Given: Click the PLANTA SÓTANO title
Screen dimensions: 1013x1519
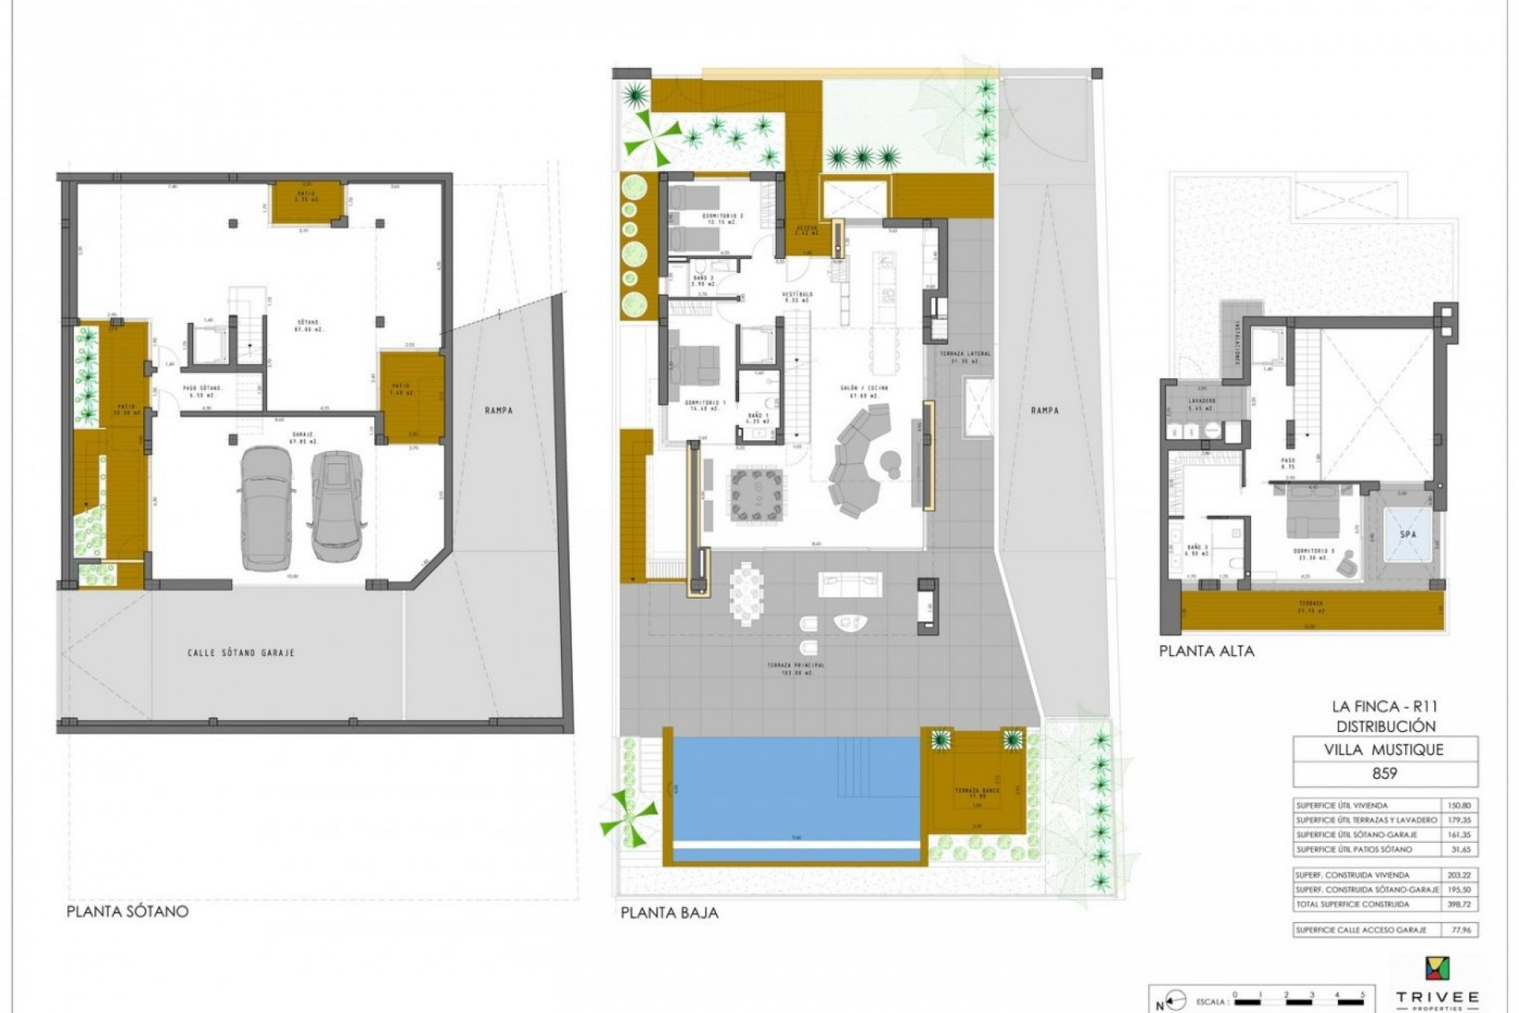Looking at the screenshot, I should [127, 911].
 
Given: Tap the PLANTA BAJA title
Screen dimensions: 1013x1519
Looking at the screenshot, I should [669, 912].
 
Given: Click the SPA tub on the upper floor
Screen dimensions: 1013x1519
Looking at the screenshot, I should [1407, 535].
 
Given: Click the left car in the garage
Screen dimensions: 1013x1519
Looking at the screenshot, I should [264, 507].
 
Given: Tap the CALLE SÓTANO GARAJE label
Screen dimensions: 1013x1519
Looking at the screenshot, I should [241, 653].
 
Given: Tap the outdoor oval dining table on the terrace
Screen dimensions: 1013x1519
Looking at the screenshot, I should [747, 594].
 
